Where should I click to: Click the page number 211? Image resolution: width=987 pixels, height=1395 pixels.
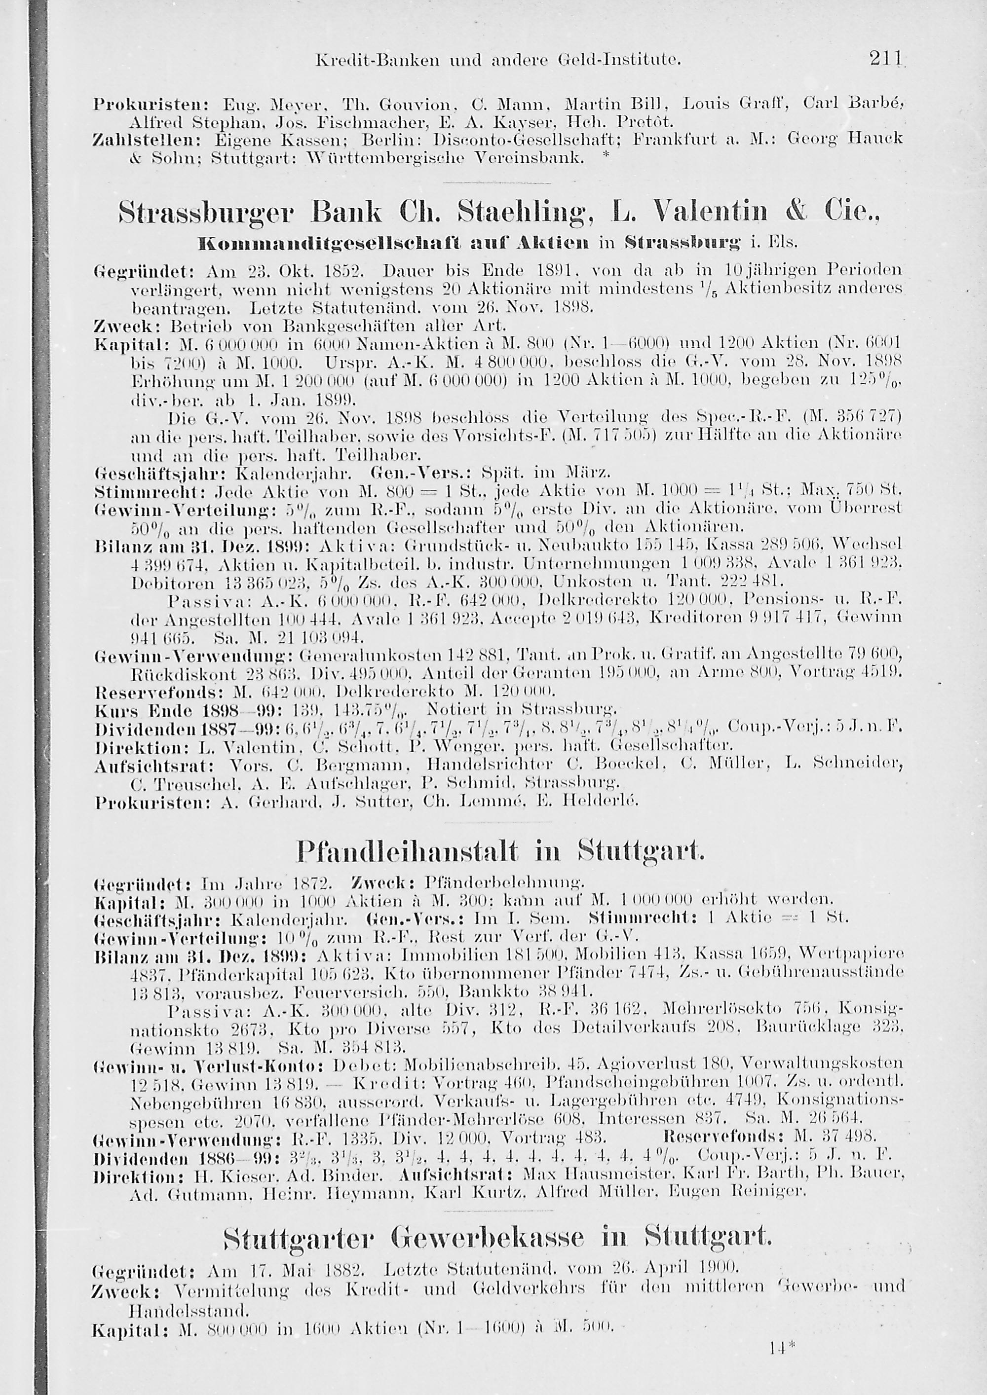[885, 60]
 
